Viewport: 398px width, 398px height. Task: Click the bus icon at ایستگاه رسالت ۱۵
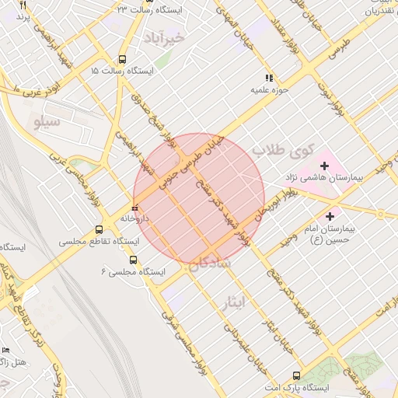click(x=122, y=59)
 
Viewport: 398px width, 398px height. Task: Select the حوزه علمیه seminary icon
click(x=269, y=78)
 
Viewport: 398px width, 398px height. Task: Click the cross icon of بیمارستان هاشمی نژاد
click(x=324, y=165)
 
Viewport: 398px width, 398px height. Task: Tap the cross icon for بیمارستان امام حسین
click(x=330, y=215)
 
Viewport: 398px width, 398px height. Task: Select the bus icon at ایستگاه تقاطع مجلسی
click(x=99, y=229)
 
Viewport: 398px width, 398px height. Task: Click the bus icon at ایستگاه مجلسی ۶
click(x=133, y=260)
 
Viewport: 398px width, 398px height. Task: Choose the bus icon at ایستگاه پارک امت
click(x=295, y=375)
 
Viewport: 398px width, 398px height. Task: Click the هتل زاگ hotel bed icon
click(x=5, y=351)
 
